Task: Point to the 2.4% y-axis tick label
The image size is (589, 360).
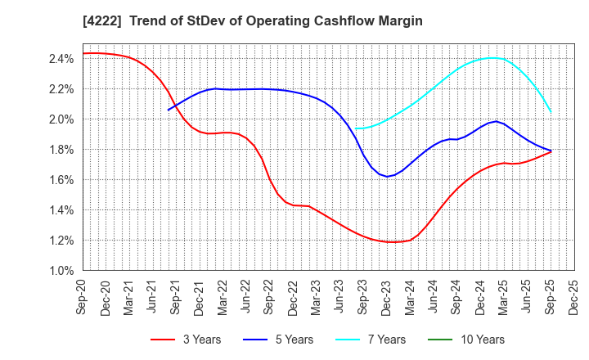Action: [x=61, y=58]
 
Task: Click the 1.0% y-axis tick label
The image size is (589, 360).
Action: [x=61, y=270]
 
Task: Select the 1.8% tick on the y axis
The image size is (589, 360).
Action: [x=61, y=149]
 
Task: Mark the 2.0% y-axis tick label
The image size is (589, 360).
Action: [x=61, y=119]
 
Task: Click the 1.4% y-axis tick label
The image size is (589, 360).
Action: [x=61, y=209]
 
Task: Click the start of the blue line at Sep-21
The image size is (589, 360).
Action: [x=169, y=110]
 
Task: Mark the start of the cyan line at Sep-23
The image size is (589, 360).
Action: [x=355, y=128]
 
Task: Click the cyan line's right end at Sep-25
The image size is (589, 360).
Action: [x=551, y=112]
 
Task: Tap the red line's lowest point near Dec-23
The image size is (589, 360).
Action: [x=394, y=242]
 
